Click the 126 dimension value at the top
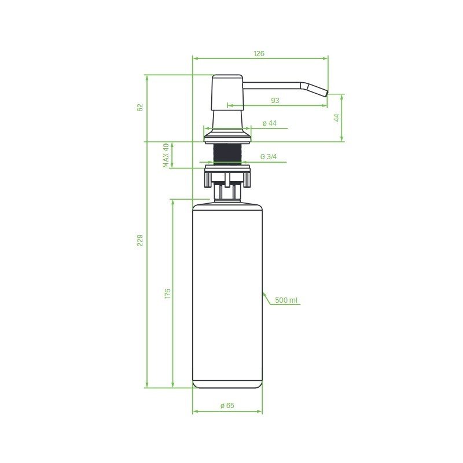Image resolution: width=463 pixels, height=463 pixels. (x=259, y=54)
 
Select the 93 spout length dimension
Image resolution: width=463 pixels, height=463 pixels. (x=275, y=101)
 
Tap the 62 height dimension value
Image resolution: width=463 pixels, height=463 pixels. (x=140, y=108)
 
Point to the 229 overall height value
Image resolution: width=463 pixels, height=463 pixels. (x=140, y=240)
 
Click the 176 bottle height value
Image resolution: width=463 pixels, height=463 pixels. (x=167, y=293)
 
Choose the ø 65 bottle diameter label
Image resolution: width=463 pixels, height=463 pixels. (x=227, y=406)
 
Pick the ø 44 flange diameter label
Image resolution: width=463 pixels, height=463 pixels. (x=269, y=123)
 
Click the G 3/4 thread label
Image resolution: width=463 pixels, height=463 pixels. (x=269, y=157)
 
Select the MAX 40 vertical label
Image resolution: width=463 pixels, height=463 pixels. (x=166, y=156)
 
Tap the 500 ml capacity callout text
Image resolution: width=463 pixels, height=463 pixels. (x=286, y=300)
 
